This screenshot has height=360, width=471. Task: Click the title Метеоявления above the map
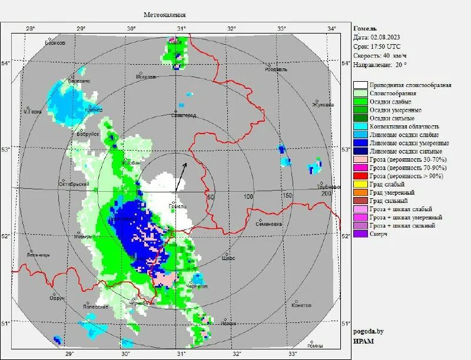pyautogui.click(x=165, y=14)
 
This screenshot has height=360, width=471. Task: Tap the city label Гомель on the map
pyautogui.click(x=177, y=206)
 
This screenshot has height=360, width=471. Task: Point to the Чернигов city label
pyautogui.click(x=197, y=286)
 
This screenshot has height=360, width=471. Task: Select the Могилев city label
pyautogui.click(x=146, y=76)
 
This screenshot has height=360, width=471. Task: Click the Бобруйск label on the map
pyautogui.click(x=87, y=135)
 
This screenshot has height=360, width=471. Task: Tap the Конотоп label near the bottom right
pyautogui.click(x=301, y=305)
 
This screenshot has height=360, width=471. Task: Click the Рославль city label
pyautogui.click(x=276, y=69)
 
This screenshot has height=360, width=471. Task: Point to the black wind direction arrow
pyautogui.click(x=182, y=176)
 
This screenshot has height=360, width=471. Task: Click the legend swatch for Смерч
pyautogui.click(x=361, y=234)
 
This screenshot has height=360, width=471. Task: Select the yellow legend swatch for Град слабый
pyautogui.click(x=361, y=184)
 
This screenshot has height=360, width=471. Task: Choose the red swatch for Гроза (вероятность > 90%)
pyautogui.click(x=361, y=176)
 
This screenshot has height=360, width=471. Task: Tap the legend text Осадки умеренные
pyautogui.click(x=395, y=110)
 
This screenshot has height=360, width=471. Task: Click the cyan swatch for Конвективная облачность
pyautogui.click(x=361, y=126)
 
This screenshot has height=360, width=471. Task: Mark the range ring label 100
pyautogui.click(x=248, y=196)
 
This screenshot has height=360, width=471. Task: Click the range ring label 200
pyautogui.click(x=323, y=194)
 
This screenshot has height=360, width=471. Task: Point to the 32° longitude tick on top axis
pyautogui.click(x=231, y=28)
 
